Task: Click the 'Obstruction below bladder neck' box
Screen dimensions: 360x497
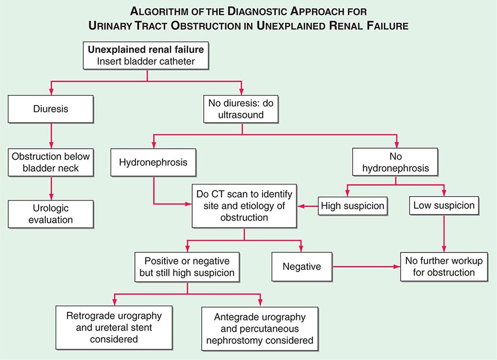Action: click(x=51, y=163)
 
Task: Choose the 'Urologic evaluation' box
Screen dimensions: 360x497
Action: click(x=51, y=214)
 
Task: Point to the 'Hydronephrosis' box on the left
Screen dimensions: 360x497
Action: click(x=153, y=162)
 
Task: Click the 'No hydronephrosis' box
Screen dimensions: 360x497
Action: click(x=396, y=162)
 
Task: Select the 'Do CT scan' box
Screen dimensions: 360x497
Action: click(x=244, y=206)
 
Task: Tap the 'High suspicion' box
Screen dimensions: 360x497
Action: click(x=353, y=206)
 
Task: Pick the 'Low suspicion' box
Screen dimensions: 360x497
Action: click(x=444, y=206)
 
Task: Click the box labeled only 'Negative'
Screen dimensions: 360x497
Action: click(x=301, y=266)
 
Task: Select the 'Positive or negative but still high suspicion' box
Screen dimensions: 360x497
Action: click(x=188, y=267)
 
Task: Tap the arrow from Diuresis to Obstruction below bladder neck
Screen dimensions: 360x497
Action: click(x=51, y=136)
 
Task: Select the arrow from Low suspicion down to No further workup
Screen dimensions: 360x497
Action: click(x=444, y=232)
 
